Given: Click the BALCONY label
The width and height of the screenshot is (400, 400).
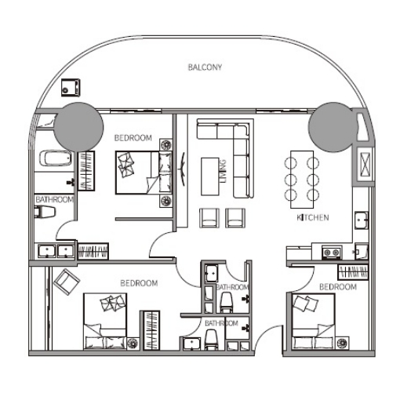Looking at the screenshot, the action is coord(205,67).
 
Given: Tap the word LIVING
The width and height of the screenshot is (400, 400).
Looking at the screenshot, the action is coord(223,172).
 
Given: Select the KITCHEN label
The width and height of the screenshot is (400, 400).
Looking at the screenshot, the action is coord(313,217).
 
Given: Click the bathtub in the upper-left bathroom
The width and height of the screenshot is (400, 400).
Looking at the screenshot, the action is coord(56,158).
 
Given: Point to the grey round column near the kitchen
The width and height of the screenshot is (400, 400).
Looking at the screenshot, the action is coord(333,127).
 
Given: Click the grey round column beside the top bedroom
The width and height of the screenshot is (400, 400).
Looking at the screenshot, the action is coord(78,127).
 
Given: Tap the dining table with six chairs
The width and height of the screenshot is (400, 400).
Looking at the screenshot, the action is coord(302,180).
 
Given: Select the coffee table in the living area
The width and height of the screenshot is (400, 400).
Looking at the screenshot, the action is coord(210,176).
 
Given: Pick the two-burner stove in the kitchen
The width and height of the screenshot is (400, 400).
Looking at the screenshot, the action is coord(332,253).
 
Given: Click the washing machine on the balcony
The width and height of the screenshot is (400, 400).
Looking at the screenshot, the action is coord(71,88).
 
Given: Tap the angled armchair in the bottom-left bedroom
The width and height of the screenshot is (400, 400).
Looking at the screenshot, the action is coord(67,282).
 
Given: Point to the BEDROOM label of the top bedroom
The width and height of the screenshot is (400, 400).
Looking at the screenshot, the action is coord(133,138).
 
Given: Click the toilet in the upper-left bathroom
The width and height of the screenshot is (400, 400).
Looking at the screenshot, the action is coord(45,212).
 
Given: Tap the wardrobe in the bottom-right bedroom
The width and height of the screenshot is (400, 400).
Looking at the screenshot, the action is coord(353,272).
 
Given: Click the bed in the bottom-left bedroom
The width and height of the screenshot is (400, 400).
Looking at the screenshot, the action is coord(105,322).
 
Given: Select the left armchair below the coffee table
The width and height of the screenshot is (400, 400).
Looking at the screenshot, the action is coord(209,217).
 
